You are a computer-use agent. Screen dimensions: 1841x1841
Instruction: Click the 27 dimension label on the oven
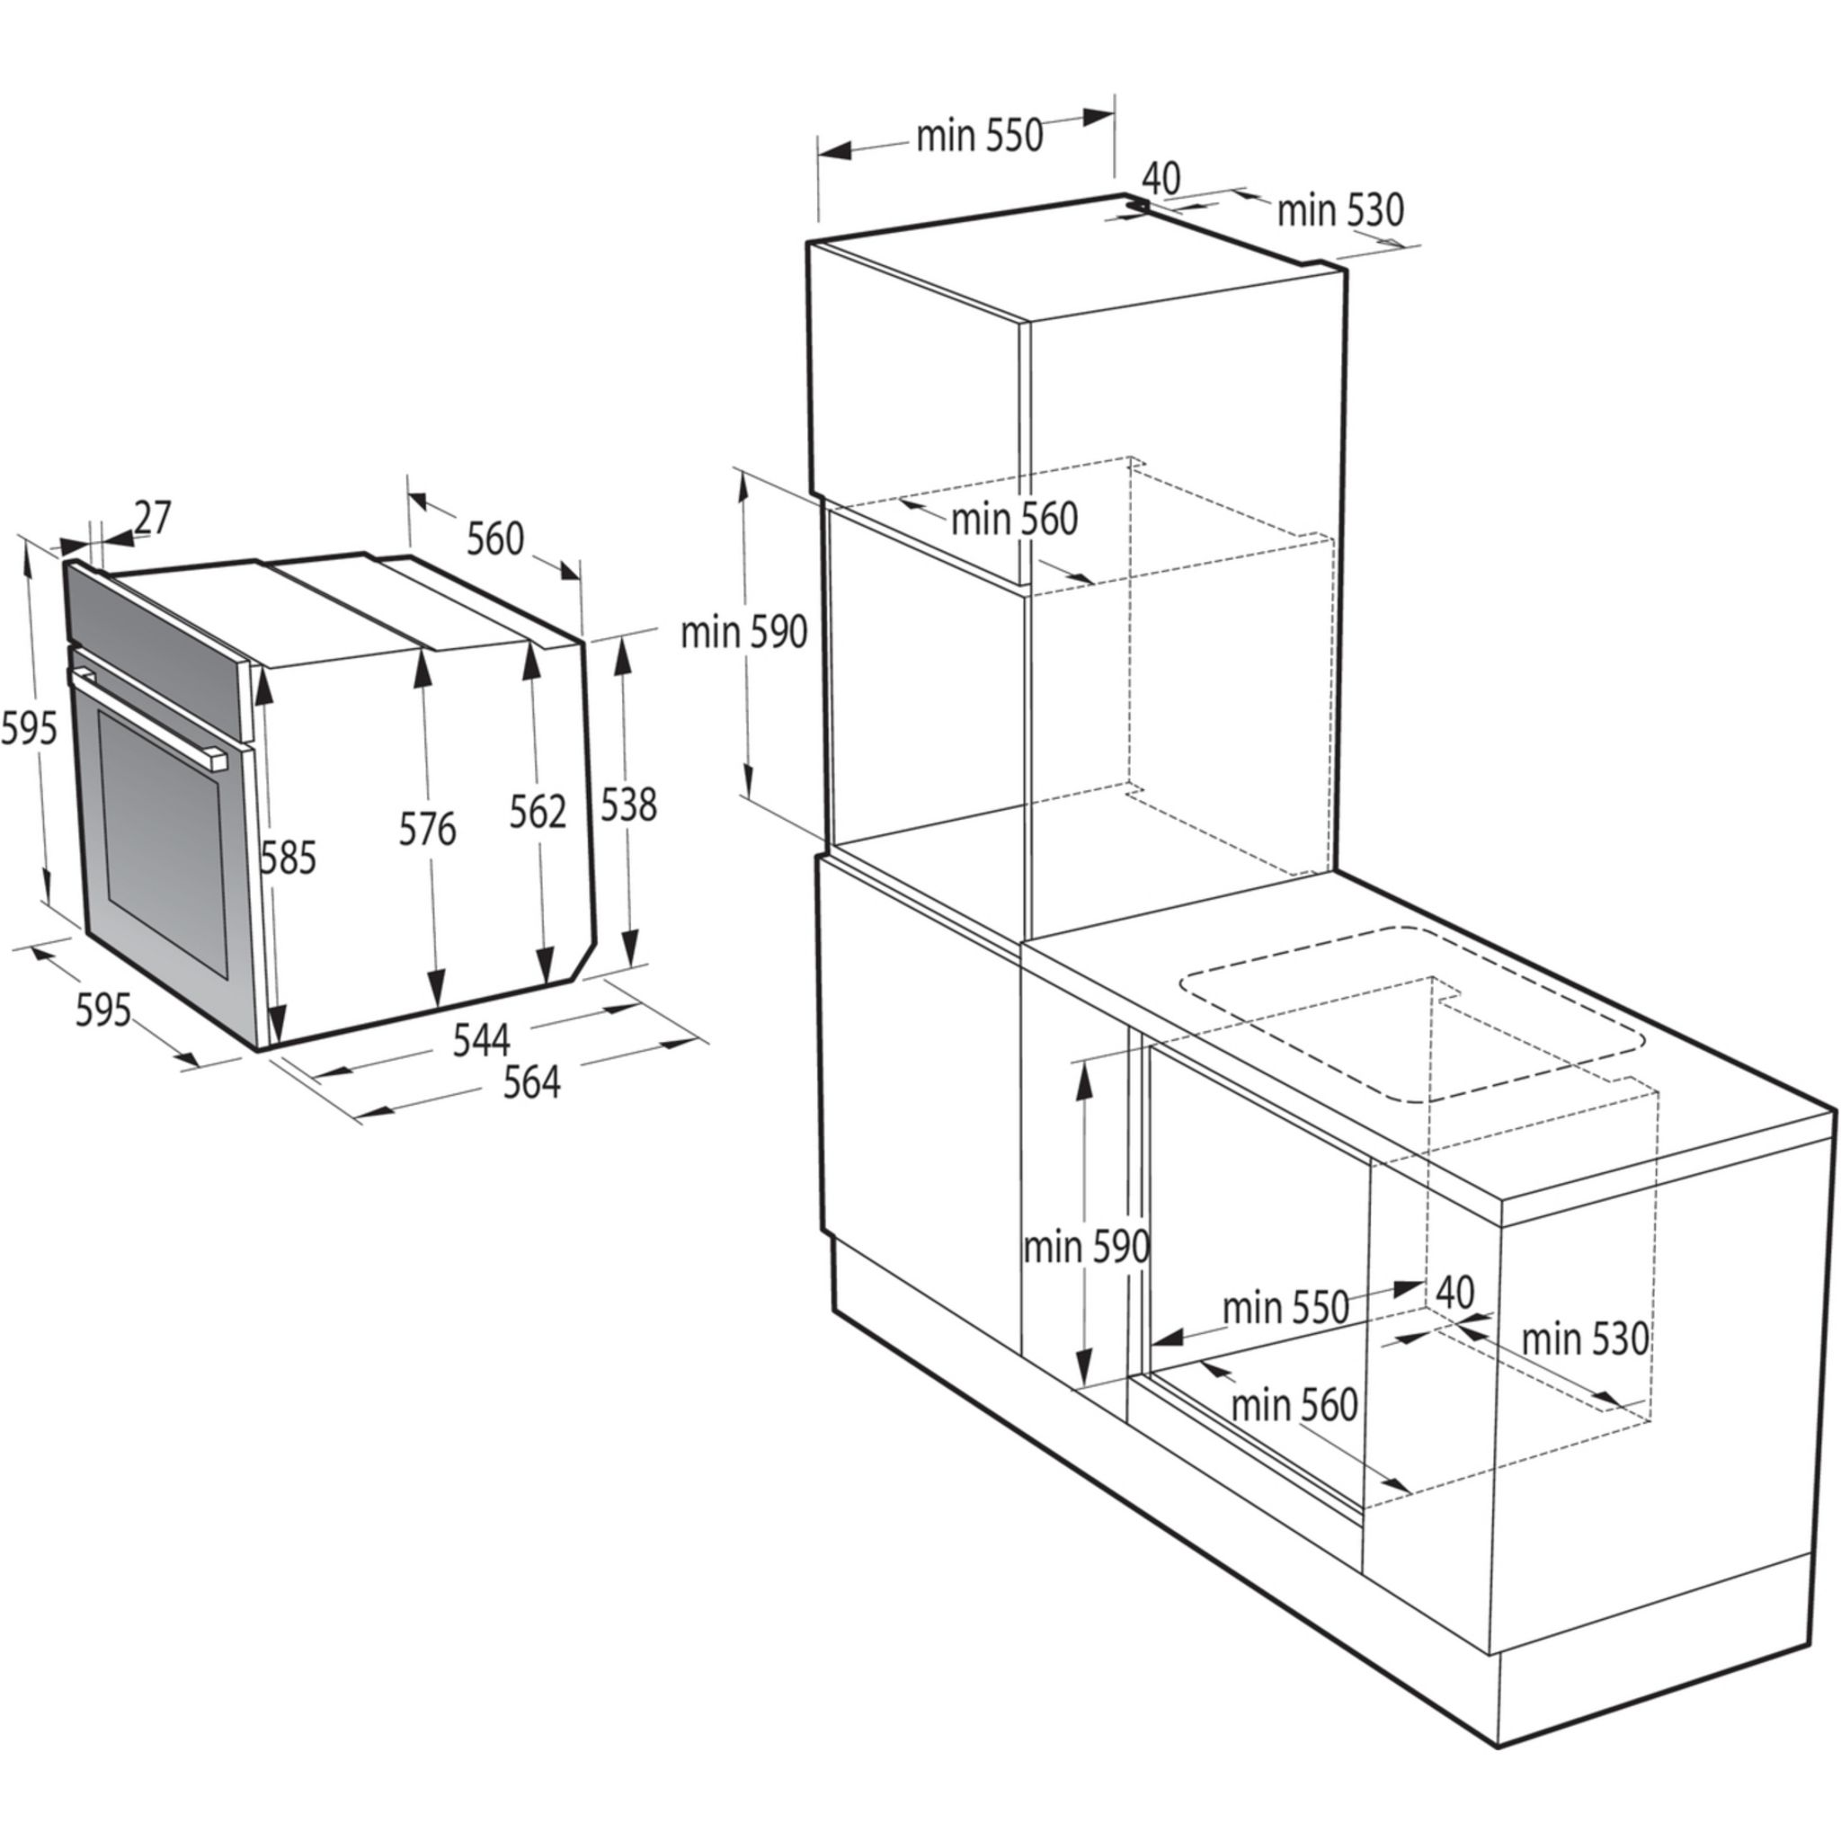tap(152, 518)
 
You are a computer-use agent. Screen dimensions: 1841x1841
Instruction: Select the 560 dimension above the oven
tap(495, 538)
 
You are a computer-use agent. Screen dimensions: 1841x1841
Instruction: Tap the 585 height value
tap(288, 858)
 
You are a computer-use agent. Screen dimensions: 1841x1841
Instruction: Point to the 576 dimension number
tap(427, 830)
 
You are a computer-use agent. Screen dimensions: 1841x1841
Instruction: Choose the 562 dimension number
tap(538, 812)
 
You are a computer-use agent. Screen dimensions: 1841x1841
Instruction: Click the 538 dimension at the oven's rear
tap(629, 805)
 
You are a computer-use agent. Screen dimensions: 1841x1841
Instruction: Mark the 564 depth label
tap(532, 1082)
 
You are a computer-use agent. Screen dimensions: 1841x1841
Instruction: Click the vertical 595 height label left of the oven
tap(29, 729)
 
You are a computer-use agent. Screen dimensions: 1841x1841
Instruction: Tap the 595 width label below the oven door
tap(102, 1010)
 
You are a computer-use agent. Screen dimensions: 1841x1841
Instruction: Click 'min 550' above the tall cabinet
tap(980, 137)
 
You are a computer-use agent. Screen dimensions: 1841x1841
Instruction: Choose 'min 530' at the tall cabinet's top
tap(1339, 210)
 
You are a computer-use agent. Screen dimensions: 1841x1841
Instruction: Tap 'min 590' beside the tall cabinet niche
tap(744, 632)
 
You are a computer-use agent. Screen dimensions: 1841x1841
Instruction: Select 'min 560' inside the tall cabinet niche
tap(1014, 520)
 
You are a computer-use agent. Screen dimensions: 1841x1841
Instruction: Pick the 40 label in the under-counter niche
tap(1454, 1292)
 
